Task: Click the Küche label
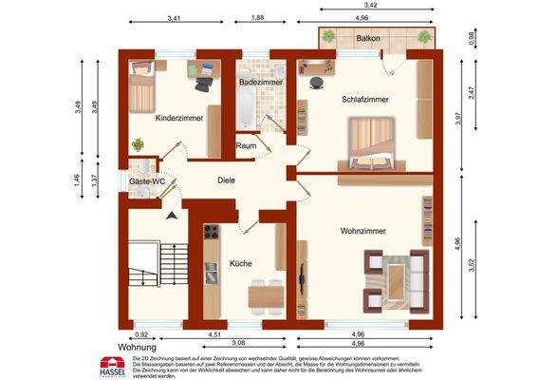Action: point(240,263)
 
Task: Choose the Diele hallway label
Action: point(226,180)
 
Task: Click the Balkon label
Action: point(369,38)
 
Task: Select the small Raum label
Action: point(246,146)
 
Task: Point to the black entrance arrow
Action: point(171,217)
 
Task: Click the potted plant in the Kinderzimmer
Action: point(139,144)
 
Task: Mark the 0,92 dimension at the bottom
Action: point(142,333)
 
